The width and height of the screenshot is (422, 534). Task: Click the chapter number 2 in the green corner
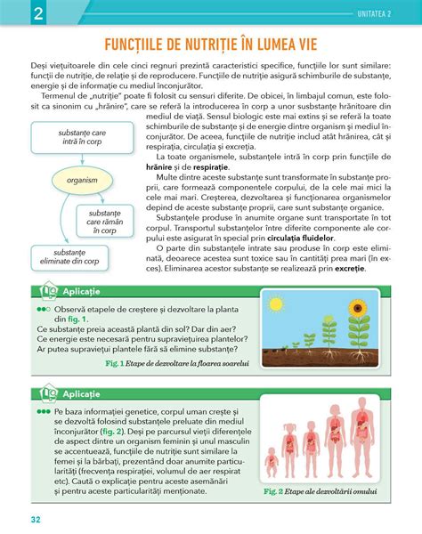click(15, 12)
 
